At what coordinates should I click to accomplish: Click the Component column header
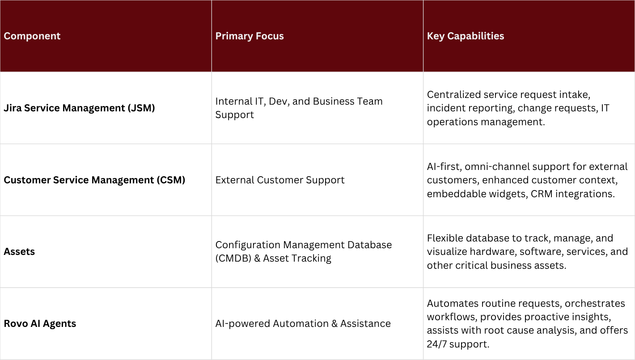[32, 36]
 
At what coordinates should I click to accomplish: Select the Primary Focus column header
[250, 36]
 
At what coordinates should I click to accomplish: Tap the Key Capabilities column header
[466, 36]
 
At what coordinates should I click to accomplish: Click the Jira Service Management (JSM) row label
[79, 108]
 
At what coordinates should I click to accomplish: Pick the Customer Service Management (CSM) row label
[94, 180]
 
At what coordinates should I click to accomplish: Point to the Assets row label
[19, 251]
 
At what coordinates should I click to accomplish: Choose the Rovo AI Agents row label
[40, 323]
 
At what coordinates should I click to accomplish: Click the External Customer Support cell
[280, 180]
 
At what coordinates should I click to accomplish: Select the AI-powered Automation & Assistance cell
[303, 323]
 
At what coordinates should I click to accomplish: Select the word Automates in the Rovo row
[449, 303]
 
